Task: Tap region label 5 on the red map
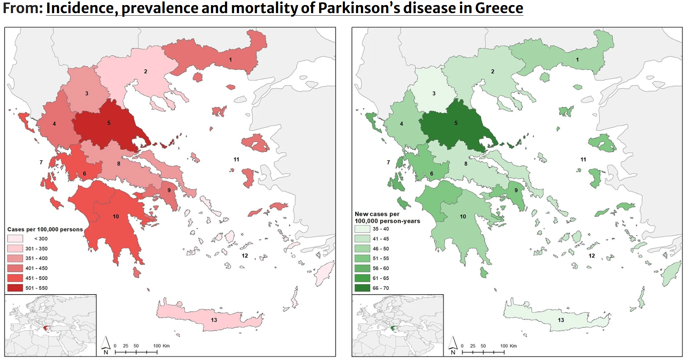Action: click(x=109, y=123)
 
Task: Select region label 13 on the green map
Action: click(x=561, y=320)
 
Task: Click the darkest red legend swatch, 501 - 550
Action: click(x=15, y=288)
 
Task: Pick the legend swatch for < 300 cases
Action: click(x=15, y=239)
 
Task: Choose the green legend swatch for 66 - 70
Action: click(x=362, y=288)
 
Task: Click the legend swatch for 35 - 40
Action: click(x=362, y=229)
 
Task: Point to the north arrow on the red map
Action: click(x=105, y=344)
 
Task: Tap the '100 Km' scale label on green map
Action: click(x=508, y=346)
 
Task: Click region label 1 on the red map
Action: click(x=230, y=60)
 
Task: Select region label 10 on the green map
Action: click(x=463, y=217)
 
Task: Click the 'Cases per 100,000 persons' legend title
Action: click(x=45, y=229)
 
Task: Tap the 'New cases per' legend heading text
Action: click(x=377, y=214)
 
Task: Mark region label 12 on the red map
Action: click(x=245, y=256)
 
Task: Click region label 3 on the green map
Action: click(x=434, y=94)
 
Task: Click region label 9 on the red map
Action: click(x=169, y=190)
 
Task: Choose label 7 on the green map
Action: click(x=388, y=162)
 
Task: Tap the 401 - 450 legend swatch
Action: click(x=15, y=268)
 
